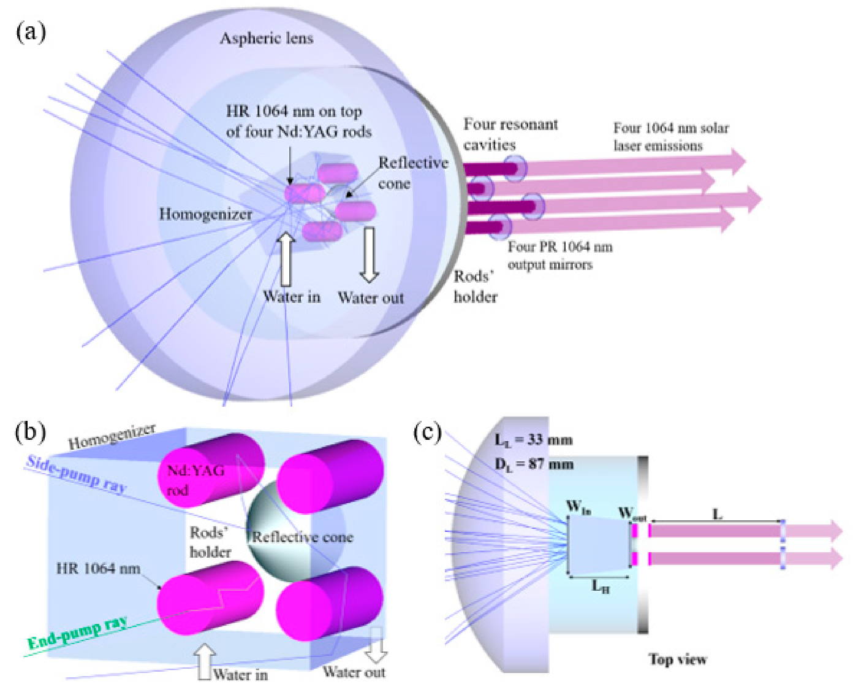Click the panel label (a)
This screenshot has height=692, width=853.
30,31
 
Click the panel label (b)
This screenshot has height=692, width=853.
30,432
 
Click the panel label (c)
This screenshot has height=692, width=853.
427,432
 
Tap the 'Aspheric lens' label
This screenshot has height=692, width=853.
267,39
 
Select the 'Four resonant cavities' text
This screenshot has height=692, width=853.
510,134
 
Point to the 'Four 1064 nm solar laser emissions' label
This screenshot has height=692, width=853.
670,137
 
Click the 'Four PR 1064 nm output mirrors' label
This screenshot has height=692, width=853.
559,256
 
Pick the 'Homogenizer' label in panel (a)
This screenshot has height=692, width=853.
205,214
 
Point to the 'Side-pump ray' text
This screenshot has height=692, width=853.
77,474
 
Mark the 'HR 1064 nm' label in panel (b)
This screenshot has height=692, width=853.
98,569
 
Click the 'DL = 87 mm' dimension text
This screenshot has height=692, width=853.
534,464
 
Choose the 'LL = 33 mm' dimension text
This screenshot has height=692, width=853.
533,440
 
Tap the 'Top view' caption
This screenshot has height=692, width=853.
677,659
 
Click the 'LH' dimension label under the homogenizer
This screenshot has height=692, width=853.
600,586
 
